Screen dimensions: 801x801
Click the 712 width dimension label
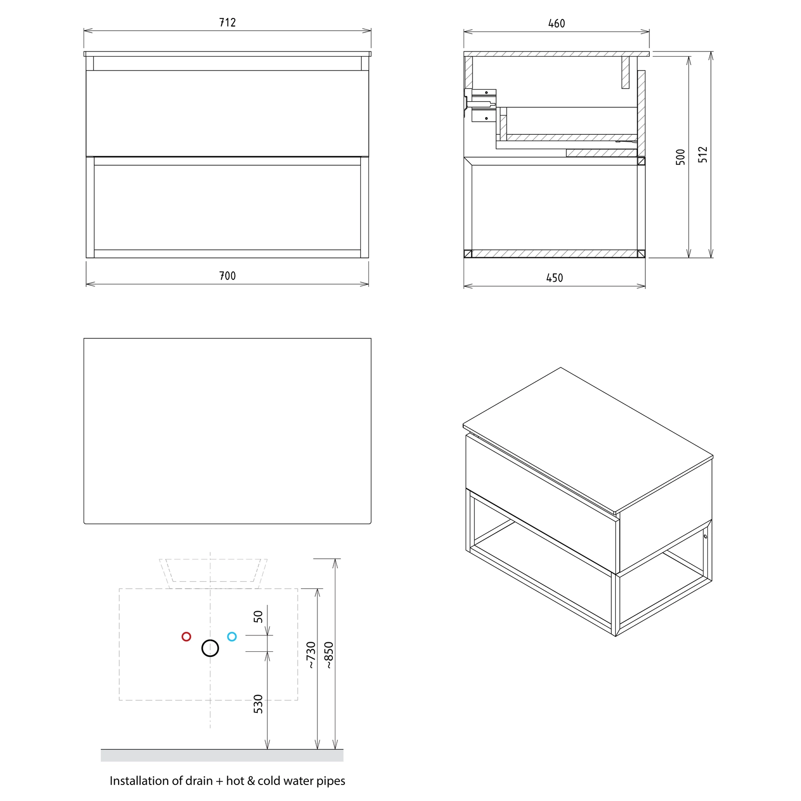pyautogui.click(x=227, y=23)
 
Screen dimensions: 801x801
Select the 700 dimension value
pyautogui.click(x=227, y=276)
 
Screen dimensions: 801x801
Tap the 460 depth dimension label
pyautogui.click(x=556, y=24)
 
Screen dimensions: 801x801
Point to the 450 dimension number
pyautogui.click(x=554, y=278)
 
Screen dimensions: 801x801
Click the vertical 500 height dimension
pyautogui.click(x=680, y=157)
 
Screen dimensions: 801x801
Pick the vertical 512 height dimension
pyautogui.click(x=703, y=154)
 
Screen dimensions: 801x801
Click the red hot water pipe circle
pyautogui.click(x=186, y=637)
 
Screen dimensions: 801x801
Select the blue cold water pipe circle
pyautogui.click(x=232, y=637)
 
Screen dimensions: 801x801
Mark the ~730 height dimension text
pyautogui.click(x=311, y=655)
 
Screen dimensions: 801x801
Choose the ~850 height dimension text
pyautogui.click(x=328, y=655)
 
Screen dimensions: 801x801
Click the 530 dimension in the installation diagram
pyautogui.click(x=258, y=704)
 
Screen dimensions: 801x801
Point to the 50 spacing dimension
pyautogui.click(x=258, y=616)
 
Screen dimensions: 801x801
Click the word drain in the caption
pyautogui.click(x=199, y=781)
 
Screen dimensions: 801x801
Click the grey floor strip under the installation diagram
pyautogui.click(x=222, y=755)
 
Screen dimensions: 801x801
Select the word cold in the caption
pyautogui.click(x=268, y=781)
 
